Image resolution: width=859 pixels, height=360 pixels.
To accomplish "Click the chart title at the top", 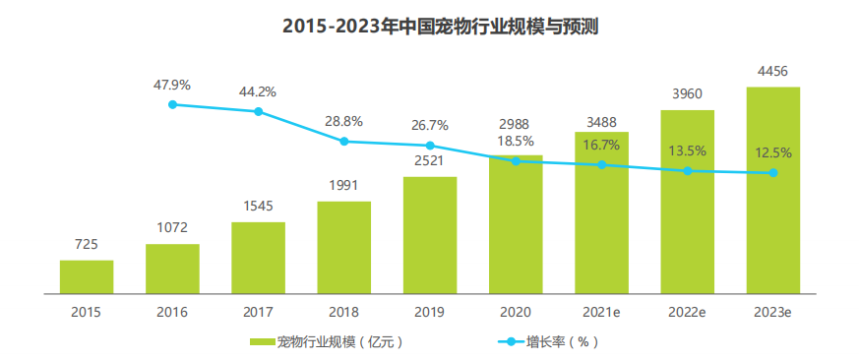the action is [x=440, y=27].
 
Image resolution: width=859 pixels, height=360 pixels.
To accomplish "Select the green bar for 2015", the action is [x=87, y=276].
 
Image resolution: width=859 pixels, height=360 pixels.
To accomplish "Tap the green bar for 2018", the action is [x=344, y=247].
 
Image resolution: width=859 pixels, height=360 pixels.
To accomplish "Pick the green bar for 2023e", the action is [x=773, y=190].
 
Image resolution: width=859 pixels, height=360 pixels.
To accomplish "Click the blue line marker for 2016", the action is [x=172, y=104].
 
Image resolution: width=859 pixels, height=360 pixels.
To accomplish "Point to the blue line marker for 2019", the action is [x=430, y=146].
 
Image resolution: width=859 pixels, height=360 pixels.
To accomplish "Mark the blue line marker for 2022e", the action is [x=688, y=171].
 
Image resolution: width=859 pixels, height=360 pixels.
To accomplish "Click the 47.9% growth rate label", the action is [x=172, y=85].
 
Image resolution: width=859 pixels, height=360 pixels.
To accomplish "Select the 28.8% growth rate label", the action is [x=344, y=122].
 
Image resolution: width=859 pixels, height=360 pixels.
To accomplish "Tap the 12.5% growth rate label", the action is [x=773, y=153].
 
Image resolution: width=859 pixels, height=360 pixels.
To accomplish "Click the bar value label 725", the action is [x=87, y=244].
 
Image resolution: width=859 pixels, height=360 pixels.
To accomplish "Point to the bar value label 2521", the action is [x=430, y=161].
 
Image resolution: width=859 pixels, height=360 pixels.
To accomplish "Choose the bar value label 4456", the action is [x=773, y=71].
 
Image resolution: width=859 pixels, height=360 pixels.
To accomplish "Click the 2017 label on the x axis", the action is [x=258, y=313].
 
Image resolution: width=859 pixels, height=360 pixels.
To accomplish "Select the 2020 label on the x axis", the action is [x=516, y=313].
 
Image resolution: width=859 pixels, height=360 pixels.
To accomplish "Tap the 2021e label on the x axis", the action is [x=601, y=313].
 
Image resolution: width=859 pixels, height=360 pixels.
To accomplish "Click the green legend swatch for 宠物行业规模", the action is [x=263, y=342].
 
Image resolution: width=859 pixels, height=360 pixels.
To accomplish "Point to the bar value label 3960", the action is [x=688, y=94].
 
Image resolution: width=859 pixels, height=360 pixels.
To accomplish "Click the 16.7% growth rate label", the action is [x=601, y=146].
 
